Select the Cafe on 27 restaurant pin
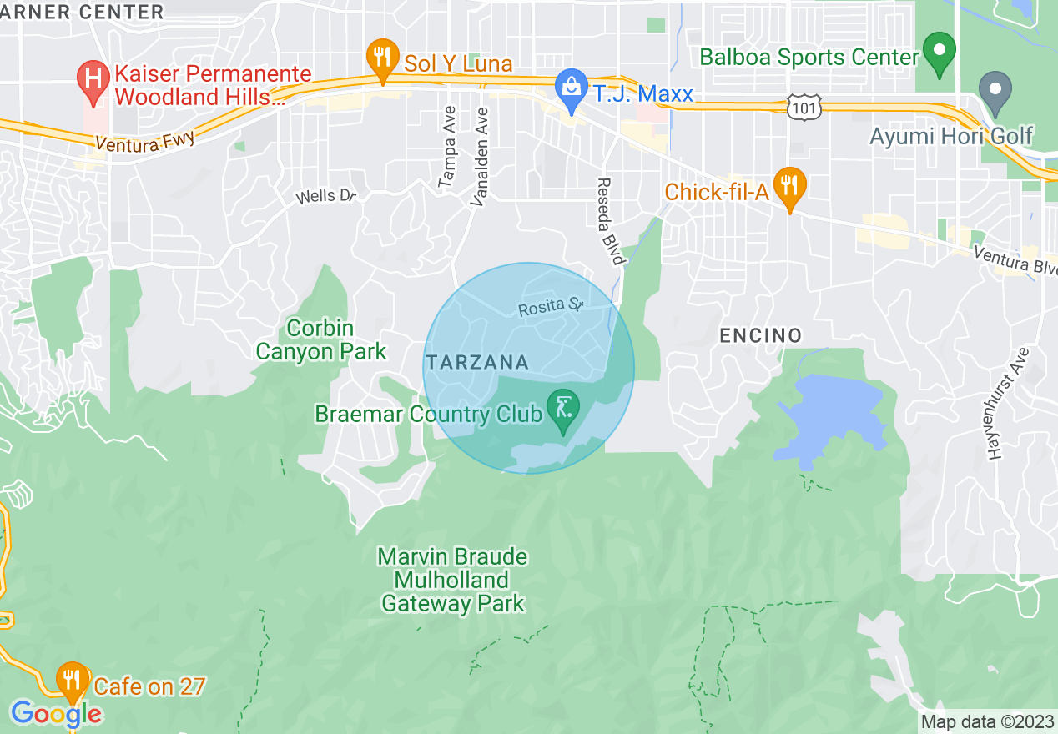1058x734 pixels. click(73, 681)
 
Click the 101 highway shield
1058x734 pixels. click(804, 106)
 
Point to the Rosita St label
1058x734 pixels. click(549, 307)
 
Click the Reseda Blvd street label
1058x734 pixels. click(611, 221)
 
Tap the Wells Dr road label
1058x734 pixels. click(326, 196)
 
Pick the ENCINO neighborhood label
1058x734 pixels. click(760, 335)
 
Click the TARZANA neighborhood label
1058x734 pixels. click(477, 362)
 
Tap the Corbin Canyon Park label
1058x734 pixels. click(320, 340)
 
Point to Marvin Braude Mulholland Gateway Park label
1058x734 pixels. click(452, 580)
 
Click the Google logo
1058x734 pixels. click(56, 714)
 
